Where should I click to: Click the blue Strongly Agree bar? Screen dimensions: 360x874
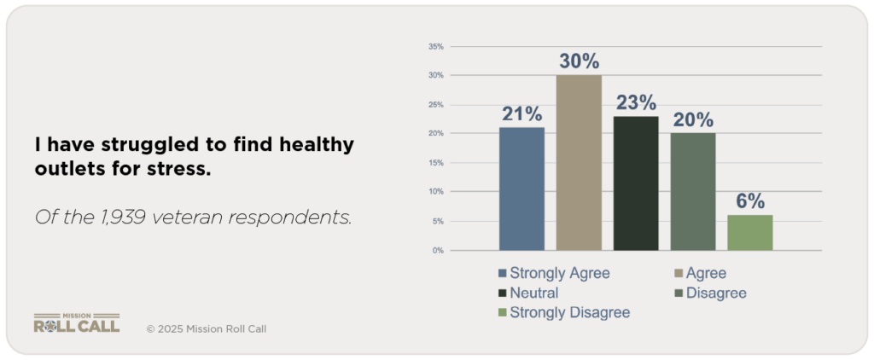[521, 189]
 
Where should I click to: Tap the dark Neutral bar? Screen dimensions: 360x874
[636, 183]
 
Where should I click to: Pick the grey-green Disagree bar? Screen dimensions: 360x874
[693, 191]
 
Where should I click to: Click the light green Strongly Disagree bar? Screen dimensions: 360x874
[750, 232]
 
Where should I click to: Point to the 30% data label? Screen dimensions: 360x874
[579, 61]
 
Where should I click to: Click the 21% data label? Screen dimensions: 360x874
[521, 113]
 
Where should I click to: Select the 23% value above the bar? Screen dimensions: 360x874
[636, 102]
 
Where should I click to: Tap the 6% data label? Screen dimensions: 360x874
[750, 201]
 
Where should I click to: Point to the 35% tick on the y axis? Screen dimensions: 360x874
[435, 47]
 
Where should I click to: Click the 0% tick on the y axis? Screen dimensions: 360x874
[437, 251]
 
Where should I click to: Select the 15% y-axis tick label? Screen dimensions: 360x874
[435, 163]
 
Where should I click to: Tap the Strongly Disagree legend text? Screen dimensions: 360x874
[569, 313]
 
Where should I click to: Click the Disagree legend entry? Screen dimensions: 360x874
[716, 293]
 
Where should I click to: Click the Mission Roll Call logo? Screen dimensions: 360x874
[77, 322]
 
